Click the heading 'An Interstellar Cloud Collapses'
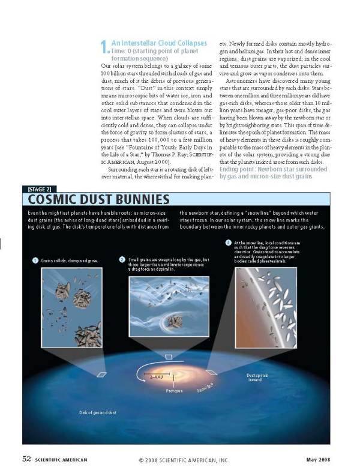159,43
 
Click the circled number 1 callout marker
35,261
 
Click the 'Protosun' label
175,390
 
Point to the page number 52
26,459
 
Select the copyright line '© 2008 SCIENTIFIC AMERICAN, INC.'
184,460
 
